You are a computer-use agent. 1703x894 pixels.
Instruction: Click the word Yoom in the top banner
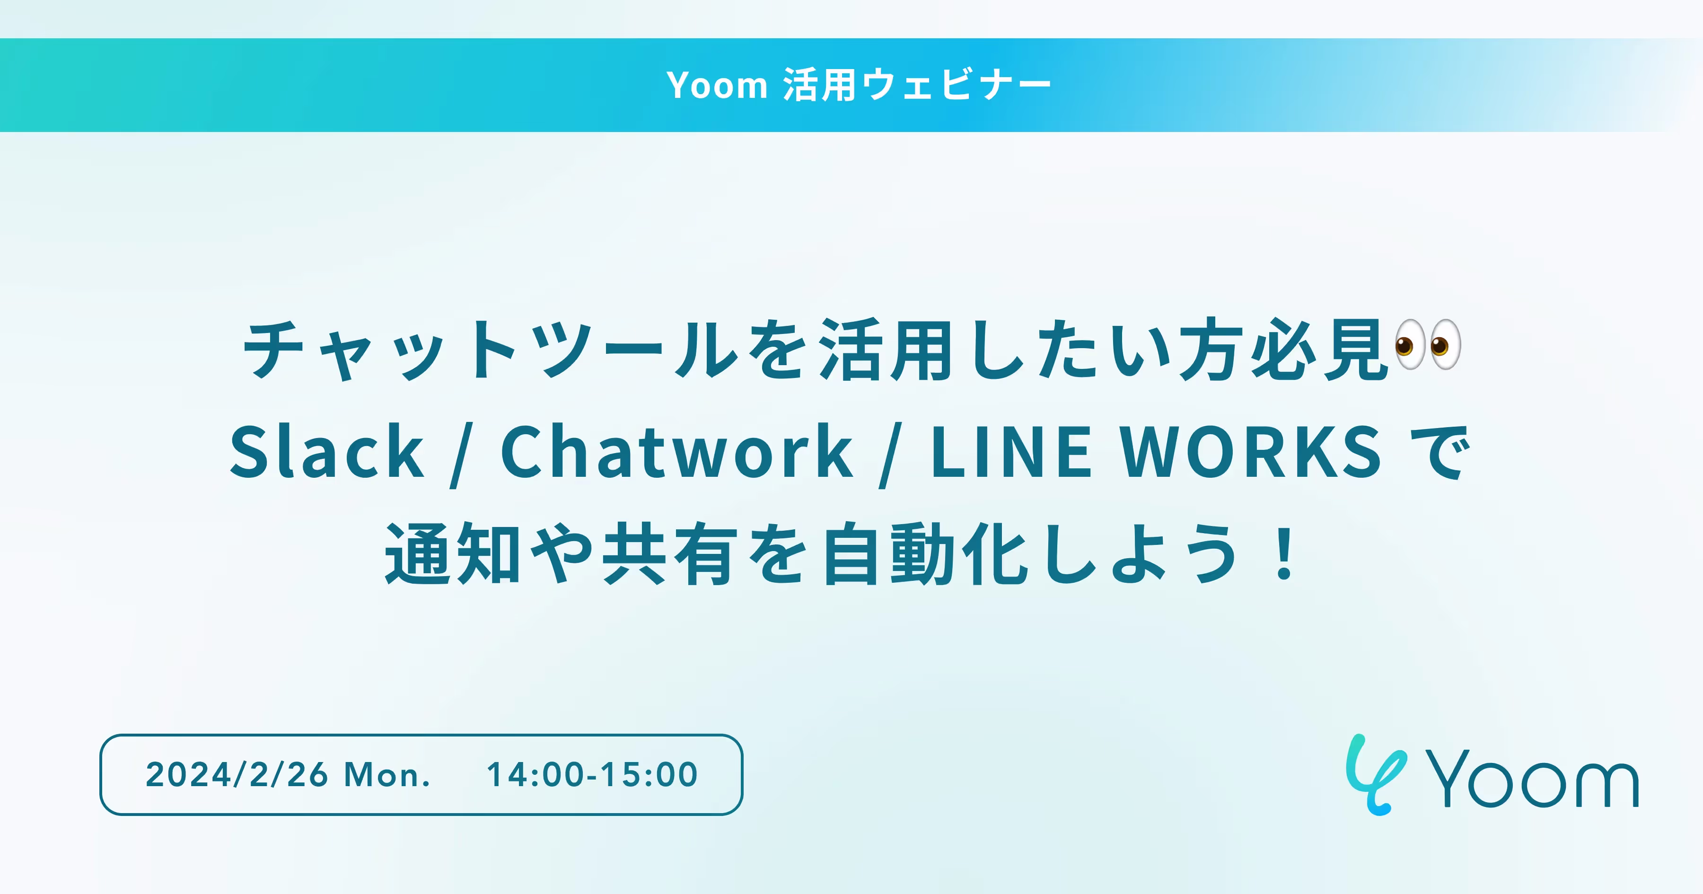pos(717,85)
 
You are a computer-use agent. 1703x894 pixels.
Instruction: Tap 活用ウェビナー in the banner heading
pos(917,85)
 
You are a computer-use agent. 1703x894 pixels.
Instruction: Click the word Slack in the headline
pos(326,452)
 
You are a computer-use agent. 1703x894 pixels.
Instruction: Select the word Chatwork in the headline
pos(677,452)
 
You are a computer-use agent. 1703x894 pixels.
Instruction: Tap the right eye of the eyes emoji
pos(1445,344)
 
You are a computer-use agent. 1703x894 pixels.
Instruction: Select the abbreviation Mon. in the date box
pos(387,774)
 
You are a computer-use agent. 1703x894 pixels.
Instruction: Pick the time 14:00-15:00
pos(592,774)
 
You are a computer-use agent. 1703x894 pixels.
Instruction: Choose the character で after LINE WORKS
pos(1441,452)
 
